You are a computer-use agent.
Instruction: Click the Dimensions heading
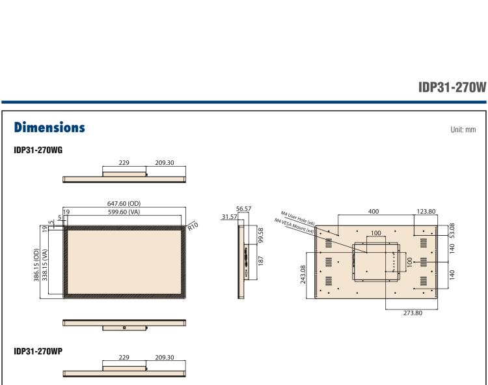49,128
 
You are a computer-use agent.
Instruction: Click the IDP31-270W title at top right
452,87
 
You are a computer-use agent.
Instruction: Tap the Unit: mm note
463,130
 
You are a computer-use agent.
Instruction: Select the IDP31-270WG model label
38,150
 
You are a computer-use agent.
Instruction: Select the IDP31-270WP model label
38,351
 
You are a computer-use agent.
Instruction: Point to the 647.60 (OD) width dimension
124,203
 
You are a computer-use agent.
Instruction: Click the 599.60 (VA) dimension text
124,212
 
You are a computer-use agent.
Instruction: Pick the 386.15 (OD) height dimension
36,264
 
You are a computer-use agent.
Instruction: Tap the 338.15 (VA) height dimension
45,264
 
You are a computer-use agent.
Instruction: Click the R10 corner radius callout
193,226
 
